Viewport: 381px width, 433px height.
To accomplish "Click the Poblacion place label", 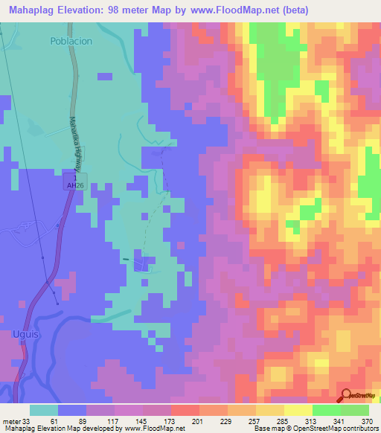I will pos(72,41).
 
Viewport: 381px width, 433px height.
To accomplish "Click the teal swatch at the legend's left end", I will pos(44,410).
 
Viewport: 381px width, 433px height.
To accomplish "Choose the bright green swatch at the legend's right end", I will pos(355,410).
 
